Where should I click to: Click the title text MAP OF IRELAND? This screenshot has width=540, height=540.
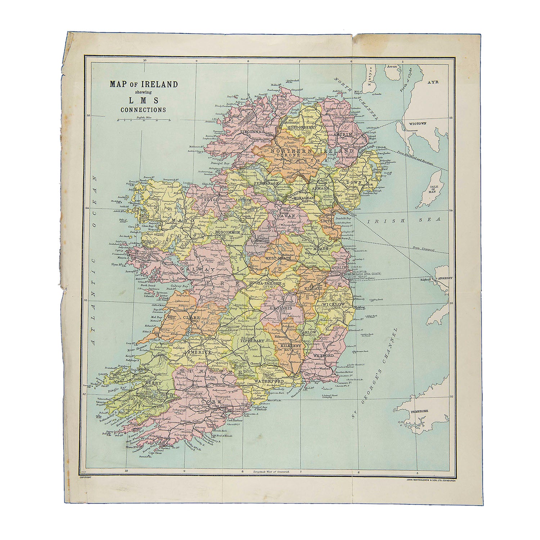click(x=144, y=85)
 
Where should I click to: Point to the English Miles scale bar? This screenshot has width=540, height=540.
click(x=143, y=120)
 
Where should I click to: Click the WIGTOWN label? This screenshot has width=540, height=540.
click(x=417, y=123)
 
